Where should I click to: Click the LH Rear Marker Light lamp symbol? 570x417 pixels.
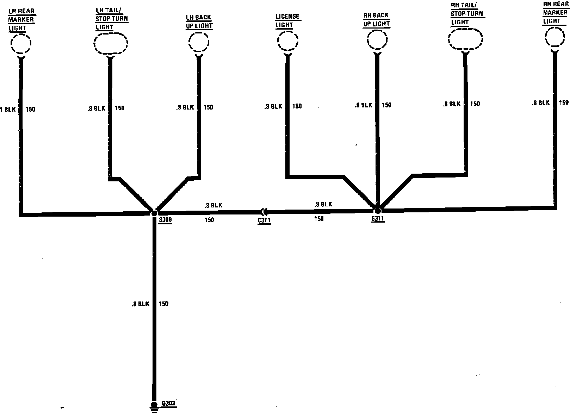(21, 44)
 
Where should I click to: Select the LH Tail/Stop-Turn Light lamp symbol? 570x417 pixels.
(110, 43)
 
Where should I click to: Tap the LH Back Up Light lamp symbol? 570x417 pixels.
(199, 43)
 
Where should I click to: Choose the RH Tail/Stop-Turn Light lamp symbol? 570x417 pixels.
(465, 39)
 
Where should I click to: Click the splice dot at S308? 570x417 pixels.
(154, 213)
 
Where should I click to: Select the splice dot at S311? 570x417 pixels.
(377, 211)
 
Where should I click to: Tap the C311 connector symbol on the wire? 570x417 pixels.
(264, 212)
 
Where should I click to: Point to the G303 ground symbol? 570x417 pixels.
(154, 406)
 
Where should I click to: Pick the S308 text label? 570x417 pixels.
(165, 220)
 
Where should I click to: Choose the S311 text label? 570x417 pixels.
(377, 219)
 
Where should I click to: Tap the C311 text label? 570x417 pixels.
(264, 221)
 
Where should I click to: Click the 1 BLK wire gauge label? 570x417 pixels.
(8, 110)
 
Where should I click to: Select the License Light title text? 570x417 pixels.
(287, 21)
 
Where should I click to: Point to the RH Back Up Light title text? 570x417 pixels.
(377, 20)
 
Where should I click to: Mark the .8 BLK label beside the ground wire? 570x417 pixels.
(141, 304)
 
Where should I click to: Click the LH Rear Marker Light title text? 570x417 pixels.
(21, 19)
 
